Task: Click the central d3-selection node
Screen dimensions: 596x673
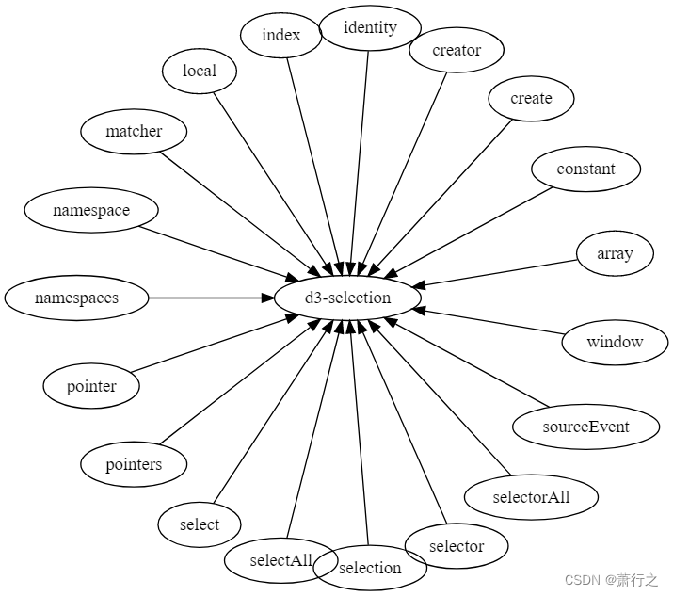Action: tap(347, 298)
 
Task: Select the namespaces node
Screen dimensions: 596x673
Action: tap(76, 298)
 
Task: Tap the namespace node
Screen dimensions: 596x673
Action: tap(90, 211)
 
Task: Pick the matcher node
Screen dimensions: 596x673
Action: tap(134, 132)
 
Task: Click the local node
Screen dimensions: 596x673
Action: tap(199, 71)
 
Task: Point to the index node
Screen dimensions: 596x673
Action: tap(281, 36)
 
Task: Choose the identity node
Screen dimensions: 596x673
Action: tap(370, 27)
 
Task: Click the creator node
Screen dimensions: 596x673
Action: tap(457, 51)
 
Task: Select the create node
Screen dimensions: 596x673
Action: tap(531, 99)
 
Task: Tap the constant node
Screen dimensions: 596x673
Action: tap(585, 169)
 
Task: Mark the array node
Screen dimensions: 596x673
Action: tap(615, 254)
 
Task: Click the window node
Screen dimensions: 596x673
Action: tap(615, 342)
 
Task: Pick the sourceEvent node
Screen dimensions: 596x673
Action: tap(585, 427)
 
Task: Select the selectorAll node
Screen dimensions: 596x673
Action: tap(531, 497)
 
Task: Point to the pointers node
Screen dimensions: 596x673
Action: tap(134, 464)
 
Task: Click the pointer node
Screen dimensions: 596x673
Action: tap(91, 386)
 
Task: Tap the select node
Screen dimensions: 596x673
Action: tap(199, 525)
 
